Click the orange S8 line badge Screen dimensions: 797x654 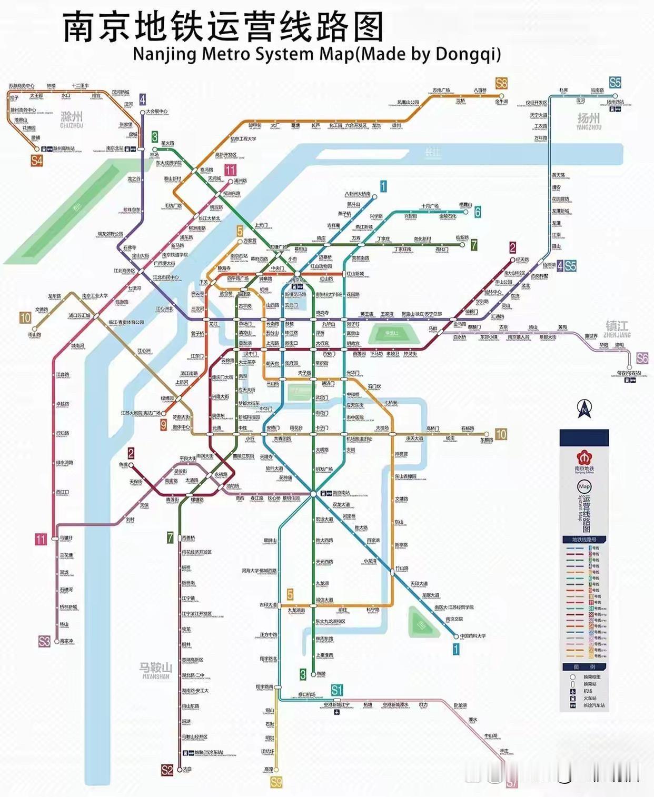[501, 83]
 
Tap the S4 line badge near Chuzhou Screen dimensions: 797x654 [36, 161]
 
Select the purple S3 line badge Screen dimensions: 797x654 [44, 641]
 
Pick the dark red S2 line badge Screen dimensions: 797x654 [167, 770]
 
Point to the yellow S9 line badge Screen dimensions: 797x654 [276, 782]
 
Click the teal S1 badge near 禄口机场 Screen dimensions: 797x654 [337, 690]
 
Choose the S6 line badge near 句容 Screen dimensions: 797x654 [642, 358]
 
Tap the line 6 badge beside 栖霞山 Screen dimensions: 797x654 [477, 212]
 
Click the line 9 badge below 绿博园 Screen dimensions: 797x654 [164, 424]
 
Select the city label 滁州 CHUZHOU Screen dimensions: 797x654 [72, 119]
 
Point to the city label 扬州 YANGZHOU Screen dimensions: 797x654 [588, 121]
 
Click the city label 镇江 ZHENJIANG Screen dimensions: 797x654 [617, 328]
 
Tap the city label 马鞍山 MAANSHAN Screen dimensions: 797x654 [155, 670]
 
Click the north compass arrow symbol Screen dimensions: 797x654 [584, 408]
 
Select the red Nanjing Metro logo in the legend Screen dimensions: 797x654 [584, 456]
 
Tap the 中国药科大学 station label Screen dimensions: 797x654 [472, 636]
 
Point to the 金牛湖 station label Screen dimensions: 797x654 [501, 101]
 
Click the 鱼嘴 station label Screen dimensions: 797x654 [123, 465]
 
